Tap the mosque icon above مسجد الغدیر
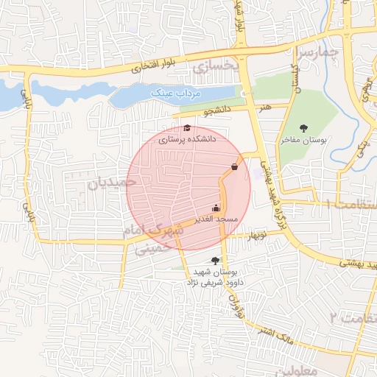(x=216, y=208)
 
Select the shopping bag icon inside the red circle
(x=234, y=166)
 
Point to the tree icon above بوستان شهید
(x=216, y=260)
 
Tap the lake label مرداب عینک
(x=172, y=94)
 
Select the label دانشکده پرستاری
(x=189, y=138)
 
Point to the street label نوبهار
(x=251, y=235)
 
